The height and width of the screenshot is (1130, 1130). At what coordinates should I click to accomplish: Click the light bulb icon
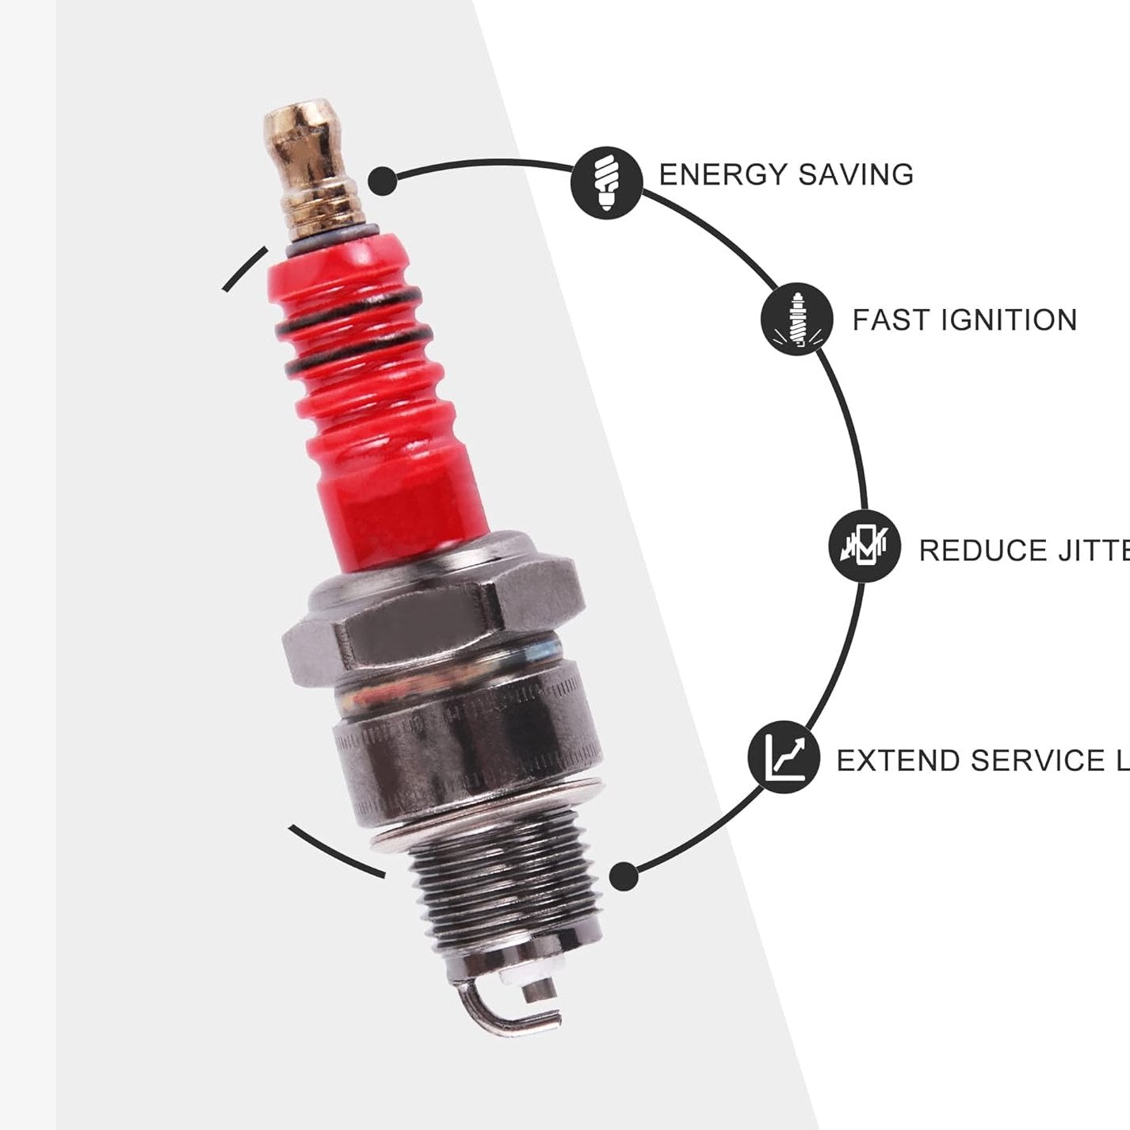point(606,181)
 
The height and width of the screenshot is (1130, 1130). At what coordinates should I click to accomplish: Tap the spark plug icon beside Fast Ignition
point(796,320)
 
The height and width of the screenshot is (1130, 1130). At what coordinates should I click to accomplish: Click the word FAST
point(891,320)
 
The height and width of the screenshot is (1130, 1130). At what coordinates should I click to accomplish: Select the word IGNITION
point(1009,320)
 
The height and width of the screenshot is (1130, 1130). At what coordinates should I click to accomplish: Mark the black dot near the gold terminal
point(383,180)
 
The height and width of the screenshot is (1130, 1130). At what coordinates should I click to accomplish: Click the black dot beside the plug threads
point(624,877)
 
